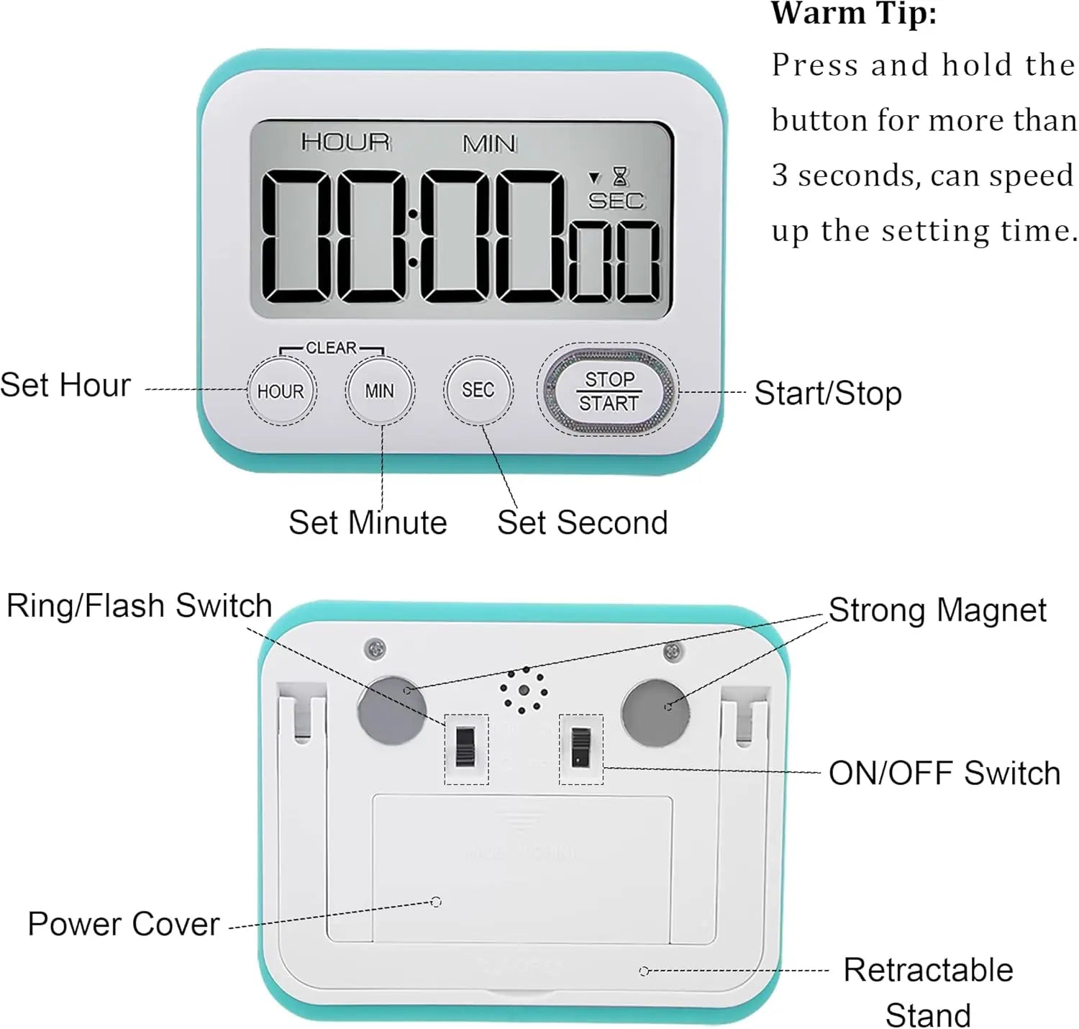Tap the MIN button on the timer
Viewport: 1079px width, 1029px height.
(x=380, y=391)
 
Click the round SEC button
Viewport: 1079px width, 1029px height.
(x=478, y=390)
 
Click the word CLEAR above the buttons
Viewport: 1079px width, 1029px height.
(x=331, y=348)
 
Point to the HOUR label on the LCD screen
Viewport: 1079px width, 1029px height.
(x=345, y=142)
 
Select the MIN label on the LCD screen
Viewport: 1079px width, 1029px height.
(x=489, y=144)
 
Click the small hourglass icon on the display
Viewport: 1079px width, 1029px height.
(x=620, y=176)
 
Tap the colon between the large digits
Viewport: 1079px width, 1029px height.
(x=412, y=238)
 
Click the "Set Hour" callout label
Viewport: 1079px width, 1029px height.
(x=65, y=385)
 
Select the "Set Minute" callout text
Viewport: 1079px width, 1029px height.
(x=368, y=522)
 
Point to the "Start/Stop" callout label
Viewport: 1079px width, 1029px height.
(x=828, y=393)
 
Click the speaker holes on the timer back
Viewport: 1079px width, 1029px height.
(x=524, y=691)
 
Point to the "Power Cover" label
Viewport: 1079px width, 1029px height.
(x=123, y=924)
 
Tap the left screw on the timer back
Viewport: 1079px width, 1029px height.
(x=375, y=648)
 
